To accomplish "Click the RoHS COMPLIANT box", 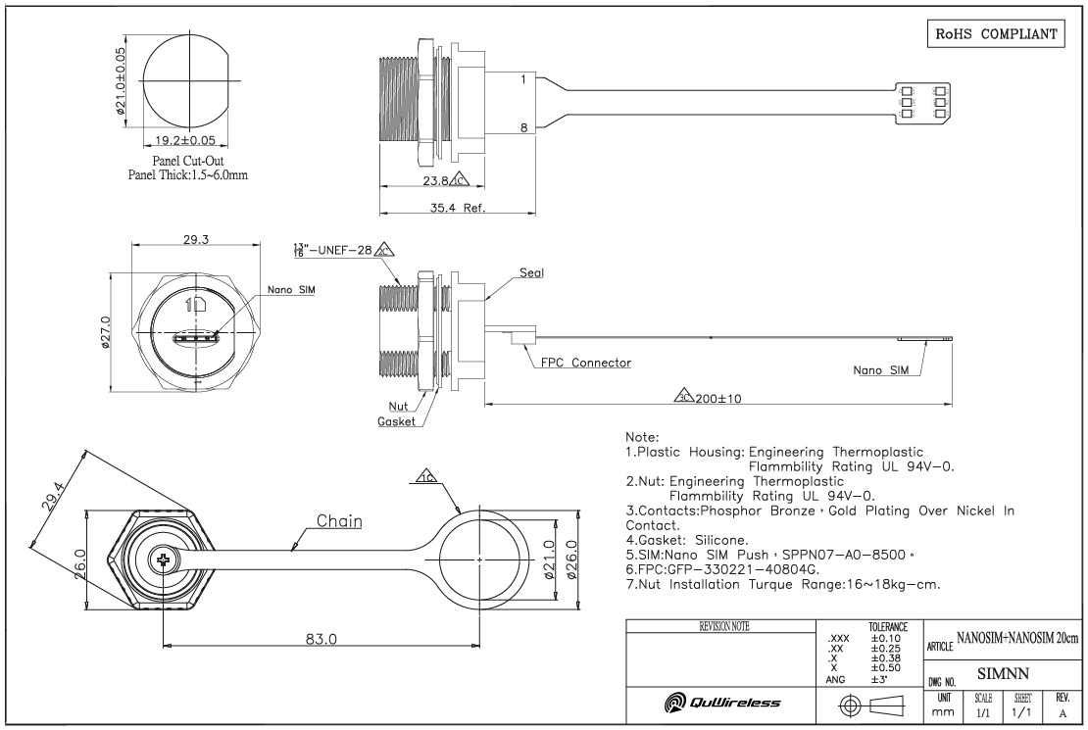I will pyautogui.click(x=996, y=32).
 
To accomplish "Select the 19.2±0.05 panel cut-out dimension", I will pyautogui.click(x=186, y=140).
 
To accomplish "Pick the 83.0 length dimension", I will pyautogui.click(x=321, y=638).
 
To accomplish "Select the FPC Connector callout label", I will pyautogui.click(x=586, y=362).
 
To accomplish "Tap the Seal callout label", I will pyautogui.click(x=532, y=272).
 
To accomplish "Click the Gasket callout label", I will pyautogui.click(x=397, y=421).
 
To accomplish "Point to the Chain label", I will pyautogui.click(x=339, y=521).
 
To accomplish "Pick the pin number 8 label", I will pyautogui.click(x=524, y=126).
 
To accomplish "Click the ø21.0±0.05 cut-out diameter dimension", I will pyautogui.click(x=121, y=81).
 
